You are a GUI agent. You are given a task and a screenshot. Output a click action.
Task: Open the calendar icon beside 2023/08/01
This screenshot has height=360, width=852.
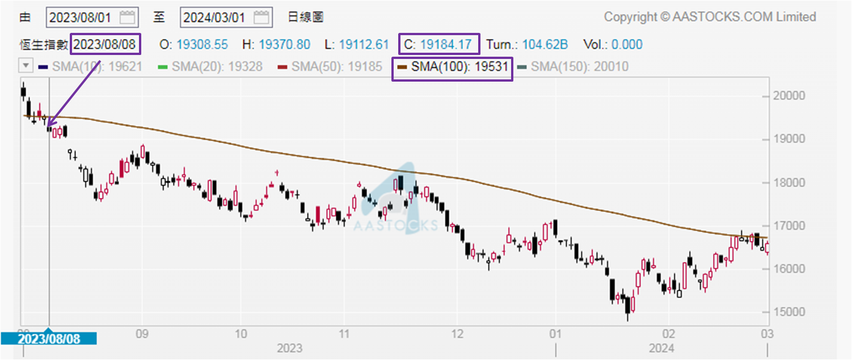(128, 17)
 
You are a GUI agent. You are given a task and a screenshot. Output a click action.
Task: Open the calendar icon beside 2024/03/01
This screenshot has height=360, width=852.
(262, 17)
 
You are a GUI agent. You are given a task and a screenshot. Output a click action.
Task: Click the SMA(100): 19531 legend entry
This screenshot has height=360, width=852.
(453, 67)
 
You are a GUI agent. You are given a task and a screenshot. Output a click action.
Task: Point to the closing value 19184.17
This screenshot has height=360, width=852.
(446, 44)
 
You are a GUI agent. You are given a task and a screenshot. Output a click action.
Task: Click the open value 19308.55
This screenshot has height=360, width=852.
(201, 44)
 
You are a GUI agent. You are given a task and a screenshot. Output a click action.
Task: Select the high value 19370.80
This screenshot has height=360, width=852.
(284, 44)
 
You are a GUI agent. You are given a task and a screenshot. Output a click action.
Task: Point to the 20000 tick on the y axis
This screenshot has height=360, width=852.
(789, 95)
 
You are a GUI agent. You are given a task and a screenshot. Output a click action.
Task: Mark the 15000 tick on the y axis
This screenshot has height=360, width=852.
(789, 312)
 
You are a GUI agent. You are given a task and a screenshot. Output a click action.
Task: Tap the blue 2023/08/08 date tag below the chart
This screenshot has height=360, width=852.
(49, 339)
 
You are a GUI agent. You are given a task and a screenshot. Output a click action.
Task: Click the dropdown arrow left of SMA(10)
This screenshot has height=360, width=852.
(26, 66)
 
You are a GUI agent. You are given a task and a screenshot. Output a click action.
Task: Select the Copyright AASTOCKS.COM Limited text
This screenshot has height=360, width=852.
(710, 17)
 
